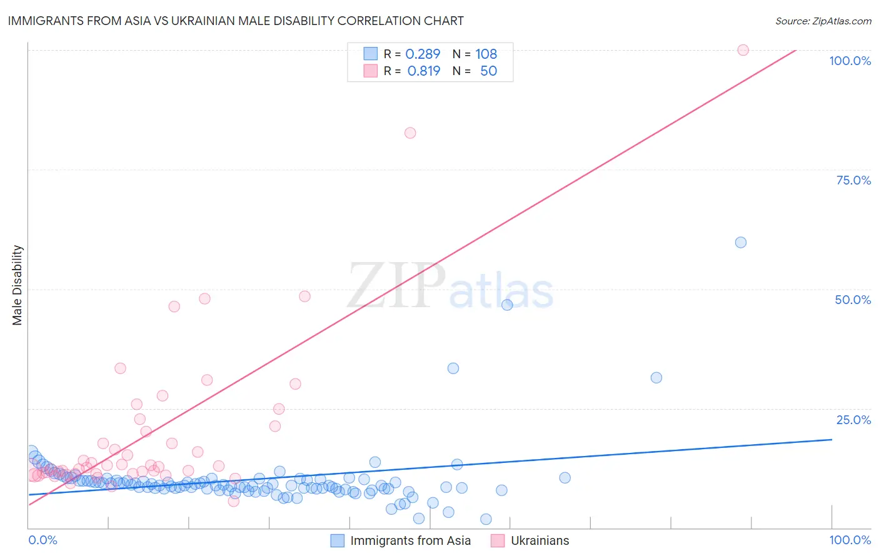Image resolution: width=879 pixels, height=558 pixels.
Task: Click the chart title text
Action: pos(236,21)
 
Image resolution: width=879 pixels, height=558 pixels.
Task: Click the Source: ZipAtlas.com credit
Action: pos(823,21)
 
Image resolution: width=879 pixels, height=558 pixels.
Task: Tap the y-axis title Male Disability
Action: pos(18,285)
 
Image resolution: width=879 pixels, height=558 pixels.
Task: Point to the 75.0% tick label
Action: pos(853,180)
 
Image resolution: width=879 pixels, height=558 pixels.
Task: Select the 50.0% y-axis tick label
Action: pos(852,300)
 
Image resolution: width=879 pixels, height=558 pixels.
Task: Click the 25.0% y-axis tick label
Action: pos(853,420)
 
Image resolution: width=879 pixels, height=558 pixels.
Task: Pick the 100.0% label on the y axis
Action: pos(850,61)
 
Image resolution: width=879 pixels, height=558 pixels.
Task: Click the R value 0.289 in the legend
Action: pos(423,54)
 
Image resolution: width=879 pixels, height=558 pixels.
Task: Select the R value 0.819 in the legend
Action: pos(423,71)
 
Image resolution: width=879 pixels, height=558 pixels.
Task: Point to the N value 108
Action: pos(486,54)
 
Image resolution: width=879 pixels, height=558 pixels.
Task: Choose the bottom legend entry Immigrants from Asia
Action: pos(410,541)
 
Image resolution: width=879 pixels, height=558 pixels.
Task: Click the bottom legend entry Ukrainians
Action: pos(540,541)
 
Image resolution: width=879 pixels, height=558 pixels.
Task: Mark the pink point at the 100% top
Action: pos(743,50)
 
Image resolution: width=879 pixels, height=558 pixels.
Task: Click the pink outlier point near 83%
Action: pos(410,133)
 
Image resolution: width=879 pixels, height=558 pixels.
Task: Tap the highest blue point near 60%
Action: pos(741,242)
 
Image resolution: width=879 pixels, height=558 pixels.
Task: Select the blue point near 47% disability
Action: pos(507,305)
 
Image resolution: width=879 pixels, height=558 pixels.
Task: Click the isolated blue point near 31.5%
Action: pos(656,378)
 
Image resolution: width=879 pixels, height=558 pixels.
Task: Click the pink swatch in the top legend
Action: pos(371,71)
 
